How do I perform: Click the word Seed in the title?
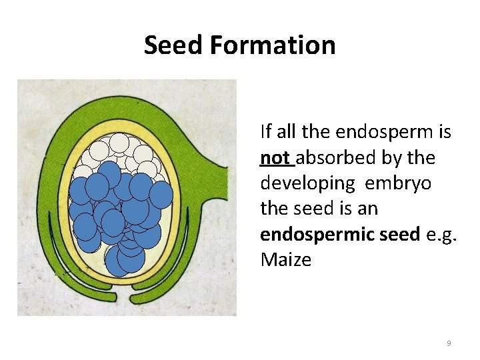[x=173, y=45]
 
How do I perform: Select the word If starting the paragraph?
[x=265, y=132]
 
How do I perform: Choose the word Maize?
[x=285, y=259]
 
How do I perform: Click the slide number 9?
[x=449, y=343]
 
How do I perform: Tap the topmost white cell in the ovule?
[x=119, y=143]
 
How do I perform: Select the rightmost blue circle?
[x=161, y=195]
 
